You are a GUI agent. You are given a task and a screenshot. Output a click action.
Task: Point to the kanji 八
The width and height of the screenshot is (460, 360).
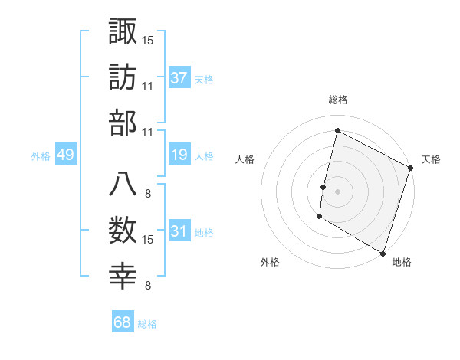[x=123, y=184]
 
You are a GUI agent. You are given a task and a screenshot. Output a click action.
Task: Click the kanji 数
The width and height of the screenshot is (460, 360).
[x=123, y=230]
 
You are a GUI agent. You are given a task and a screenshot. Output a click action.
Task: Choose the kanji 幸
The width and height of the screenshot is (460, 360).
[x=123, y=277]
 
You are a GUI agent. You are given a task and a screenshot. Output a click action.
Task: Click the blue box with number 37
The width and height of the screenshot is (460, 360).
[x=179, y=78]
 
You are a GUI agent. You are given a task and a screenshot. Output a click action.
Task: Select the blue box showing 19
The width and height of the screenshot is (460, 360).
[x=179, y=155]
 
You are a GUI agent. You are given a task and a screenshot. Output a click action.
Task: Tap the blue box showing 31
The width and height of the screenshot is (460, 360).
[x=179, y=232]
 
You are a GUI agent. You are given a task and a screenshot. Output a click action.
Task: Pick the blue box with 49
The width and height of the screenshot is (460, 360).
[x=65, y=155]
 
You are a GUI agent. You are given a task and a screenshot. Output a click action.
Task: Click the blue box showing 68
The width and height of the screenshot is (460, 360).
[x=123, y=322]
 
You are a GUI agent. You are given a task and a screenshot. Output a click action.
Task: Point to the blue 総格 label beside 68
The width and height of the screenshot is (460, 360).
[x=147, y=324]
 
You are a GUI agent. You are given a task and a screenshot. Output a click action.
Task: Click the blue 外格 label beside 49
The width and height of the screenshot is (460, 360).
[x=41, y=156]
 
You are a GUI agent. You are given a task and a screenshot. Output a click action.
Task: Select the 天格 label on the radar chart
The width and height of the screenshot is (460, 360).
[x=432, y=159]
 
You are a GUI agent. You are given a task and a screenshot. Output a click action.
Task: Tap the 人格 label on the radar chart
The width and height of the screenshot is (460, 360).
[x=245, y=159]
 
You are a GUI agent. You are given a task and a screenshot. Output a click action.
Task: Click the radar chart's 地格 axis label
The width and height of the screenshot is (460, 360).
[x=402, y=262]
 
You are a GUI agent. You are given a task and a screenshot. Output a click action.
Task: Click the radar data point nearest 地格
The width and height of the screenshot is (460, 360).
[x=383, y=253]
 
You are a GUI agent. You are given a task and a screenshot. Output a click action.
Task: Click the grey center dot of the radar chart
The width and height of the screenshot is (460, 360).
[x=337, y=191]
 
